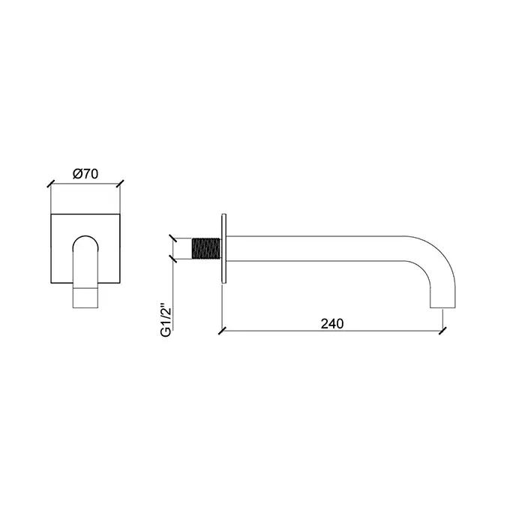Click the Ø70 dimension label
click(x=85, y=174)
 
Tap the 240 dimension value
click(x=332, y=324)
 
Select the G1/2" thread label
click(x=166, y=320)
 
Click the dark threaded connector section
click(x=206, y=248)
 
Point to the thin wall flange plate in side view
click(x=224, y=249)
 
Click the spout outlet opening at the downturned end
click(x=442, y=307)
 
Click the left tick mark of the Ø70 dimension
click(x=50, y=184)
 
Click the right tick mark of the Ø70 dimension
click(x=120, y=184)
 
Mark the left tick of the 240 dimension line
click(x=222, y=331)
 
